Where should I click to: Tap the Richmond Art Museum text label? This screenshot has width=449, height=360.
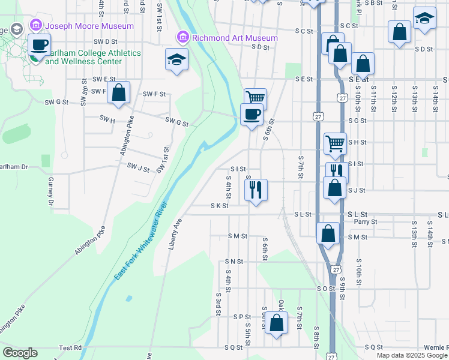[235, 38]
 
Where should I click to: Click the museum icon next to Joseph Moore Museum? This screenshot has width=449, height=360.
[35, 26]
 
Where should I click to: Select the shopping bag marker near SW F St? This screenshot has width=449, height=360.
[119, 93]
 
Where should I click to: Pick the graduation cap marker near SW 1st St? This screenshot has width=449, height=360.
[176, 59]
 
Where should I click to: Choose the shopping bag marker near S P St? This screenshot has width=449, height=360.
[276, 323]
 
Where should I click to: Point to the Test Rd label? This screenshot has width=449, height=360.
[70, 347]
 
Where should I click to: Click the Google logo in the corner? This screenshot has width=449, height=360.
[20, 353]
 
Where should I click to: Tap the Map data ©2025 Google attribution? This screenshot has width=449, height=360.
[412, 355]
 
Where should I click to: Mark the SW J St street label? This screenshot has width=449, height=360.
[137, 169]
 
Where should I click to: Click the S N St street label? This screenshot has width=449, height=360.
[234, 262]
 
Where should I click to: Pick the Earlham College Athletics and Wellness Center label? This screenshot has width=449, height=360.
[92, 57]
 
